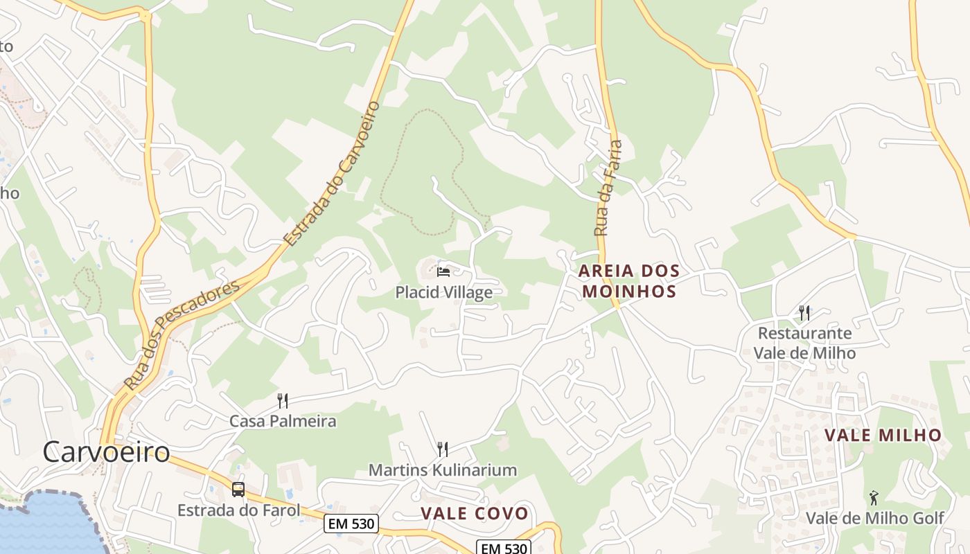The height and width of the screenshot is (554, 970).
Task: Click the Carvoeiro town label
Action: [x=106, y=452]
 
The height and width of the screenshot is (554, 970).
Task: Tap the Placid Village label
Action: [x=444, y=292]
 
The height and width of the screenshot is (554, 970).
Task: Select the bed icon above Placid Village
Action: [x=443, y=271]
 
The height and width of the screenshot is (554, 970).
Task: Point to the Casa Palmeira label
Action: [x=283, y=421]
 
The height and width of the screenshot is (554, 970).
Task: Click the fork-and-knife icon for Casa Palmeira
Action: [x=283, y=400]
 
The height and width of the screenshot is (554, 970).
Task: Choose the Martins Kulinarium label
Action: [x=443, y=470]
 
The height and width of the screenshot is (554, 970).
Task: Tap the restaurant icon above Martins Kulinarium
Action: [x=443, y=449]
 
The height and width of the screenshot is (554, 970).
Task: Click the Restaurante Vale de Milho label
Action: [x=804, y=343]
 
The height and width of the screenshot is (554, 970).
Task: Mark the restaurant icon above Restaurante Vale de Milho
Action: [x=804, y=312]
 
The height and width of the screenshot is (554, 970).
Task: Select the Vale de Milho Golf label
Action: [x=874, y=518]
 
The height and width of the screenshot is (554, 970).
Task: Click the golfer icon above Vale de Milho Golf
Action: [x=874, y=497]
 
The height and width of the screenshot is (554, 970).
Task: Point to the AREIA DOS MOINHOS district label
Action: [x=629, y=280]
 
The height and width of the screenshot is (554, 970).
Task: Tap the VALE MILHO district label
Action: [x=883, y=436]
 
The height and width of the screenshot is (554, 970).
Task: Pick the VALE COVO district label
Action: [x=475, y=514]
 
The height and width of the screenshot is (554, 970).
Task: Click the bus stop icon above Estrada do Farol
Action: [x=238, y=490]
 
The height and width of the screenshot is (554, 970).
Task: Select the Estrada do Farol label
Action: [x=238, y=510]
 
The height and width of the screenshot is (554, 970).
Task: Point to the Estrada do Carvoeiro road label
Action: [x=333, y=173]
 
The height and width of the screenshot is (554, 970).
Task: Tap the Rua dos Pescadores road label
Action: [x=182, y=334]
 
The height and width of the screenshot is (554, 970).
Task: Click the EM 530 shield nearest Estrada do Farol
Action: [x=351, y=524]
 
